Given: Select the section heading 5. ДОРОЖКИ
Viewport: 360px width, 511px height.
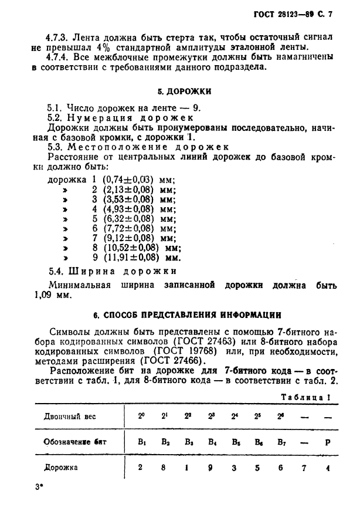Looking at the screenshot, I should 184,92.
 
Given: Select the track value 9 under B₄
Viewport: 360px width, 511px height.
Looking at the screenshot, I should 210,468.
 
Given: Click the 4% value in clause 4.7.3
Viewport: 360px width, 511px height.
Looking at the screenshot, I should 94,48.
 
